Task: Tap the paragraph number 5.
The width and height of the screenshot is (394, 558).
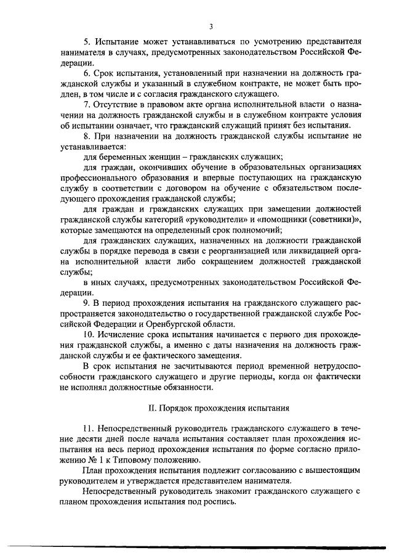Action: click(x=86, y=42)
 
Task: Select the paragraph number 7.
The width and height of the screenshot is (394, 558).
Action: click(x=86, y=103)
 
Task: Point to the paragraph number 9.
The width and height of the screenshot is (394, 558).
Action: click(x=86, y=304)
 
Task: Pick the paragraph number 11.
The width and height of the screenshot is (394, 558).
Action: click(x=88, y=429)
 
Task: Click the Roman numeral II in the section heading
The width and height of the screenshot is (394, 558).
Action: click(x=153, y=408)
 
